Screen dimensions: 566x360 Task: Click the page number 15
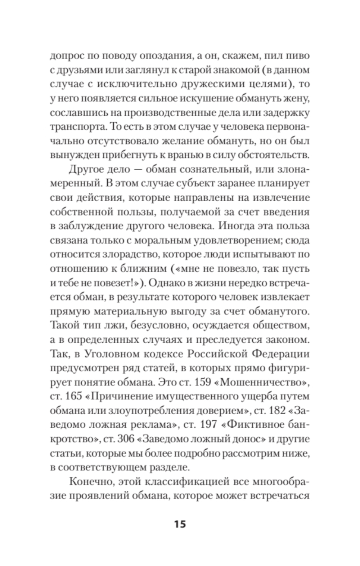coord(180,524)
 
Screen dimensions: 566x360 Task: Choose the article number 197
coord(206,424)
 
